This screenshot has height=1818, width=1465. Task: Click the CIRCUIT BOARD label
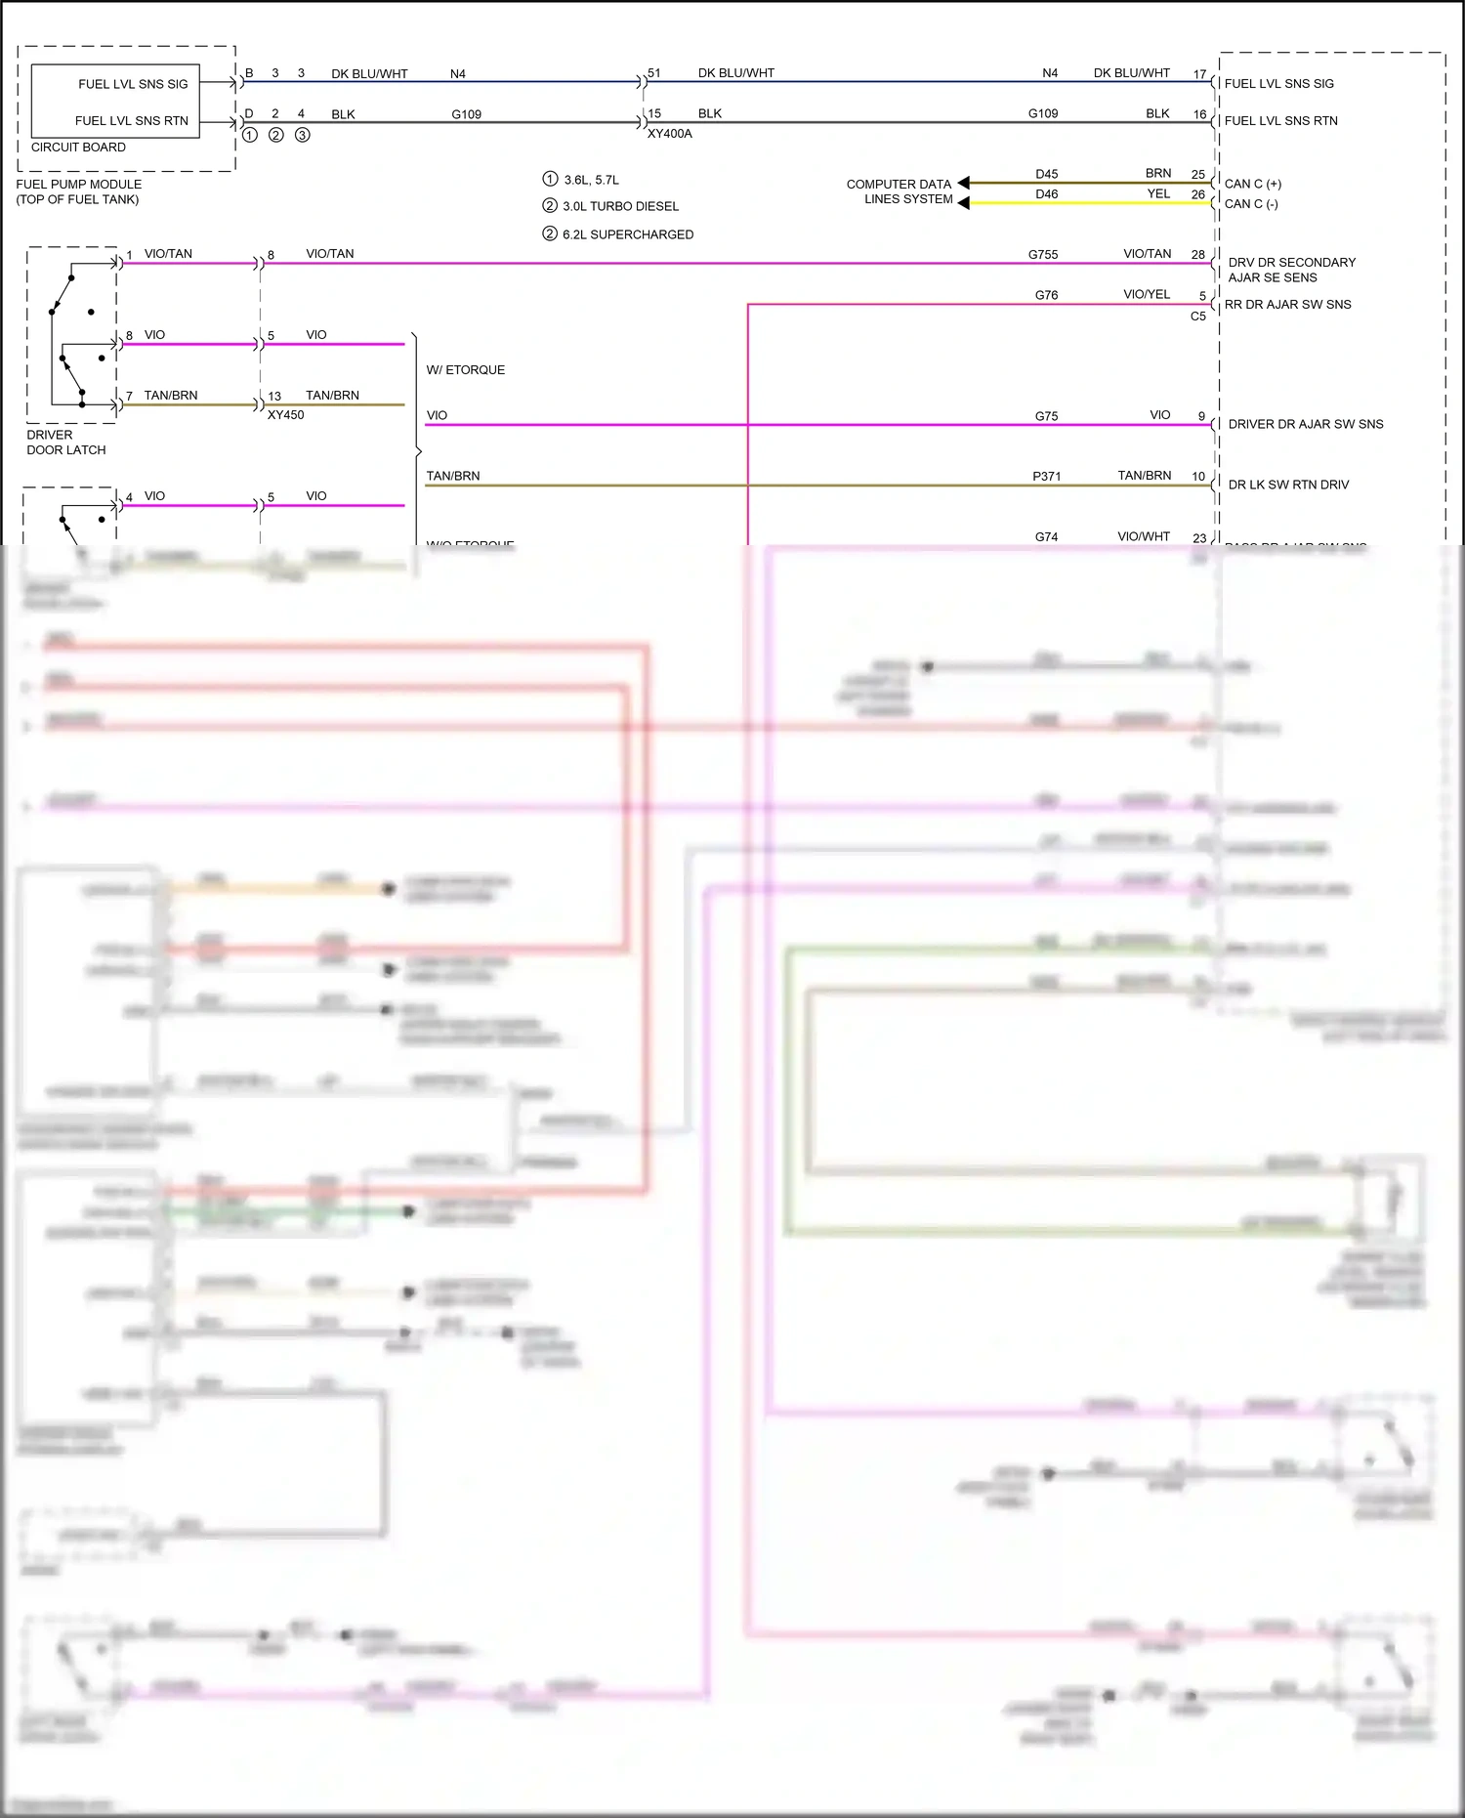[x=78, y=148]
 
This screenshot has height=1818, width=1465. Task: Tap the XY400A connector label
[x=669, y=134]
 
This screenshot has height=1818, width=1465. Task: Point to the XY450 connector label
[x=285, y=415]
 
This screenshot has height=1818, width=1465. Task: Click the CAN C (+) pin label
[x=1253, y=184]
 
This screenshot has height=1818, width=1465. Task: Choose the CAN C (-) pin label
[x=1251, y=204]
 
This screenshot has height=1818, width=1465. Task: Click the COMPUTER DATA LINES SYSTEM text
[x=900, y=191]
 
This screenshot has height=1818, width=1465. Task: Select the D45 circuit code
[x=1046, y=174]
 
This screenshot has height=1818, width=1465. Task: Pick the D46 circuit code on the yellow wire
[x=1046, y=194]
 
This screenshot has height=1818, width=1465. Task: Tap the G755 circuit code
[x=1042, y=255]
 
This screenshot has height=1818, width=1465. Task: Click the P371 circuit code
[x=1046, y=477]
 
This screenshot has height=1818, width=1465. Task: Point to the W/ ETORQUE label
[x=465, y=370]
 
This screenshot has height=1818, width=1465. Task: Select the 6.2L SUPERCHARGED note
[x=627, y=234]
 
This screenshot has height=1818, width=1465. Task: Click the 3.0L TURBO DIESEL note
[x=620, y=206]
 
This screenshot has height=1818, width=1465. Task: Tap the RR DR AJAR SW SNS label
[x=1287, y=305]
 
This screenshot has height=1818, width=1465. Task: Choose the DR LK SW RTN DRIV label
[x=1288, y=485]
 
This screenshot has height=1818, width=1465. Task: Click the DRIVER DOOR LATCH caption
[x=65, y=443]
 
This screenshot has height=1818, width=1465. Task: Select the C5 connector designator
[x=1197, y=317]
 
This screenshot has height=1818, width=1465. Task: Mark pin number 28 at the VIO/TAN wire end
[x=1197, y=255]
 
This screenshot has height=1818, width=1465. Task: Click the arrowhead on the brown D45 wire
[x=964, y=183]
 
